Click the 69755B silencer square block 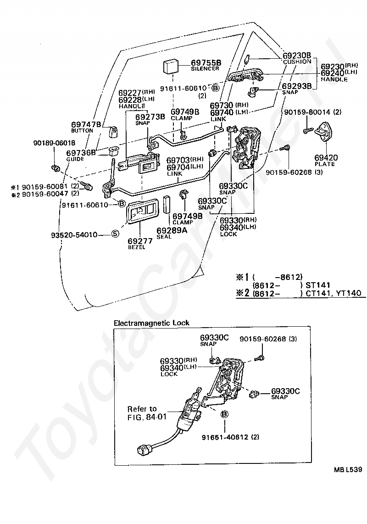[x=171, y=67]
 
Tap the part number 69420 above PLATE [x=326, y=157]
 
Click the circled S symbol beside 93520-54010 [x=115, y=234]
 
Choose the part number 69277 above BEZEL [x=140, y=241]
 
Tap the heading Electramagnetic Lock [x=151, y=323]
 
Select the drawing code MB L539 [x=348, y=469]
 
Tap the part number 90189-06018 [x=54, y=143]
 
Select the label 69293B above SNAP [x=297, y=86]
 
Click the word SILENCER [x=205, y=68]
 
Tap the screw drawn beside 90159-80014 [x=308, y=130]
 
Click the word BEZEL [x=137, y=247]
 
